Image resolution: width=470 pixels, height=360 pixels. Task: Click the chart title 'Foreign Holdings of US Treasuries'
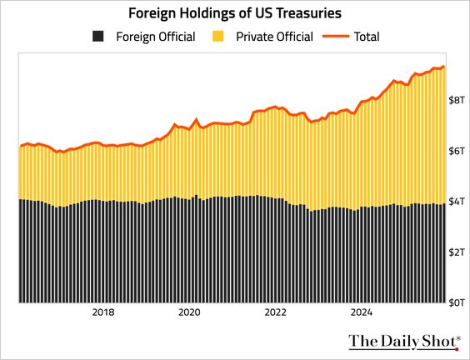tap(234, 14)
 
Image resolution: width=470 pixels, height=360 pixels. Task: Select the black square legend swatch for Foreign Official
tap(98, 37)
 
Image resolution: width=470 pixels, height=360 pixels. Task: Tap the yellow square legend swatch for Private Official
tap(218, 37)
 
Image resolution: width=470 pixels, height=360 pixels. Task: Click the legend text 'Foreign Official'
tap(156, 37)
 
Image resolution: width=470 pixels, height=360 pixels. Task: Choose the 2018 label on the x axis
tap(103, 313)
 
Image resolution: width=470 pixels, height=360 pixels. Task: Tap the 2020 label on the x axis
tap(190, 313)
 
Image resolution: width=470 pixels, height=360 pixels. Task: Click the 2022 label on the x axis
tap(276, 313)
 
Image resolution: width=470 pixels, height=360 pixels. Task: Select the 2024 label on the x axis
tap(362, 313)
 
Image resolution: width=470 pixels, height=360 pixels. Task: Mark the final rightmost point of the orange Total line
tap(443, 67)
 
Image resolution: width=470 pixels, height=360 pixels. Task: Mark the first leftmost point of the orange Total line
tap(20, 147)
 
